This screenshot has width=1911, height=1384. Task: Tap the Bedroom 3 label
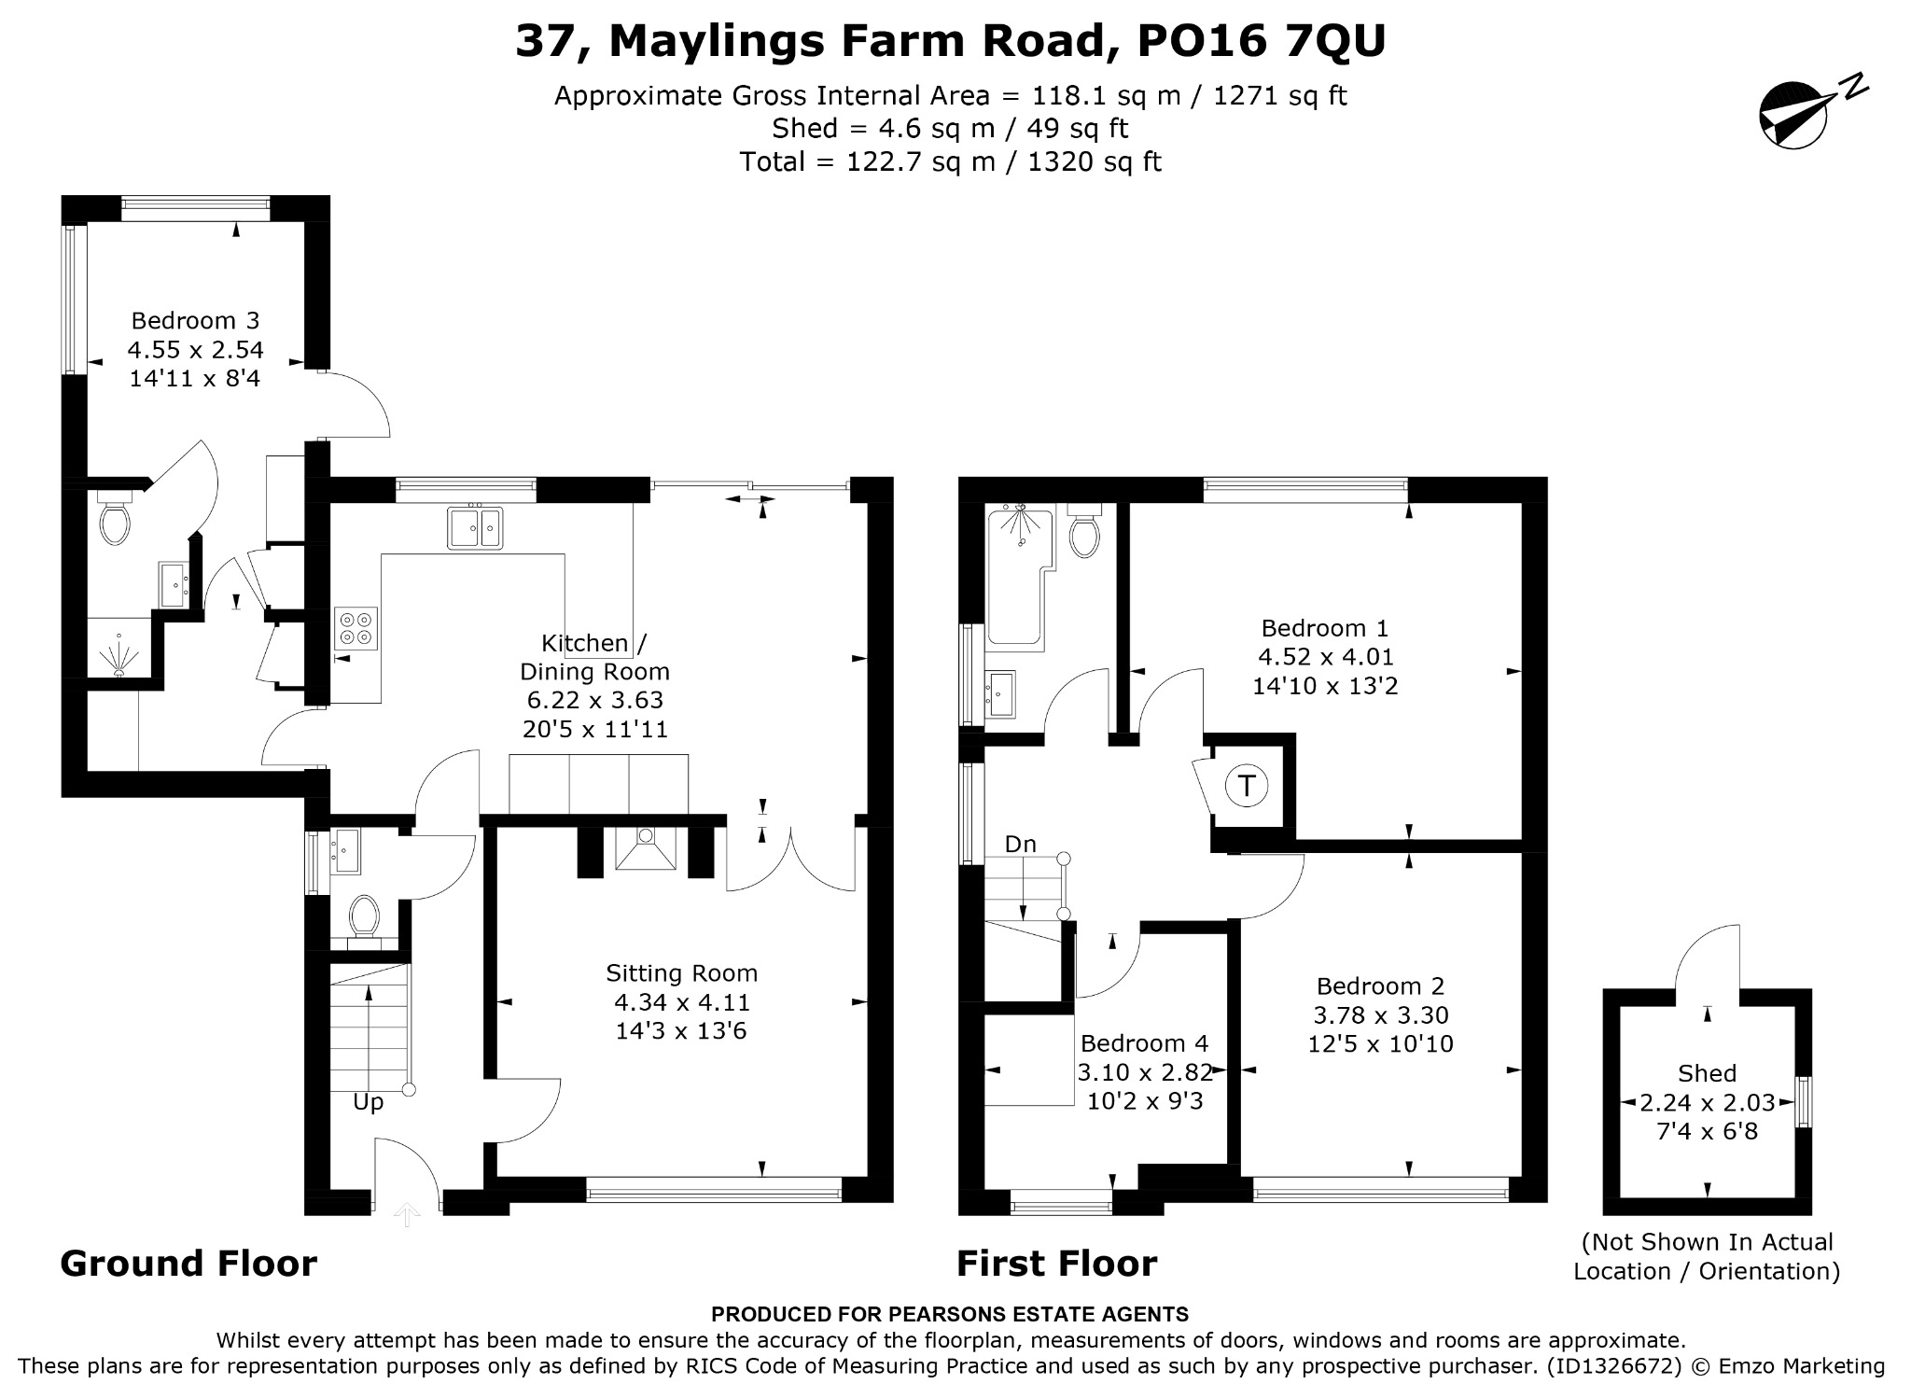point(195,321)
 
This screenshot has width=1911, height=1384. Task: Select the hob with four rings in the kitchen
point(356,627)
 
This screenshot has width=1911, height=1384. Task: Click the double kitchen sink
point(475,528)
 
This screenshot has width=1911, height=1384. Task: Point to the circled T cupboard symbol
point(1247,785)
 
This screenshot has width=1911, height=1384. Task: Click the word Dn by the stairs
point(1021,844)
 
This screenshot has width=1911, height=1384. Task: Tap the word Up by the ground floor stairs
point(369,1103)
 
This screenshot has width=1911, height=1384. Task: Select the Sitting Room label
point(682,973)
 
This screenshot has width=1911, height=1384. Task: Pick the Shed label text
point(1708,1073)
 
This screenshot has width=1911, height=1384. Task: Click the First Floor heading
point(1056,1264)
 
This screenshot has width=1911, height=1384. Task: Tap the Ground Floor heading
point(188,1264)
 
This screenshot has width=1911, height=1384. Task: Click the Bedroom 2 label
point(1380,986)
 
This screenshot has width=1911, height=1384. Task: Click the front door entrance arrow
point(407,1214)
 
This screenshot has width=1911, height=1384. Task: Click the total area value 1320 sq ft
point(1094,162)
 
